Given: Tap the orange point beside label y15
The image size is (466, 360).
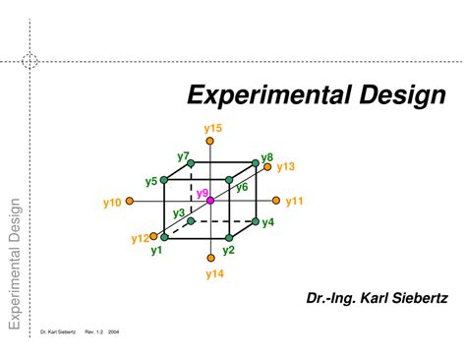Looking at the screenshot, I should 210,141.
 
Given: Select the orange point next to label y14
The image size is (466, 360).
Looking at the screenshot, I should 209,259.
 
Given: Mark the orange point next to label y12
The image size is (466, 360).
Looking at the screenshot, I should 153,235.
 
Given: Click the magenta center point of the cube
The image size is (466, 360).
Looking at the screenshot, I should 209,201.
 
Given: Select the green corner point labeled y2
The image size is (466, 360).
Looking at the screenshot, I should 228,238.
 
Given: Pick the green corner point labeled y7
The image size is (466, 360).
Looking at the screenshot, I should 192,163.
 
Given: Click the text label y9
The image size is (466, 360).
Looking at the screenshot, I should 202,192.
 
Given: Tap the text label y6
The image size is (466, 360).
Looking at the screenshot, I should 242,187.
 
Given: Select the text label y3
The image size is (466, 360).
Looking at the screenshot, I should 178,212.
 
